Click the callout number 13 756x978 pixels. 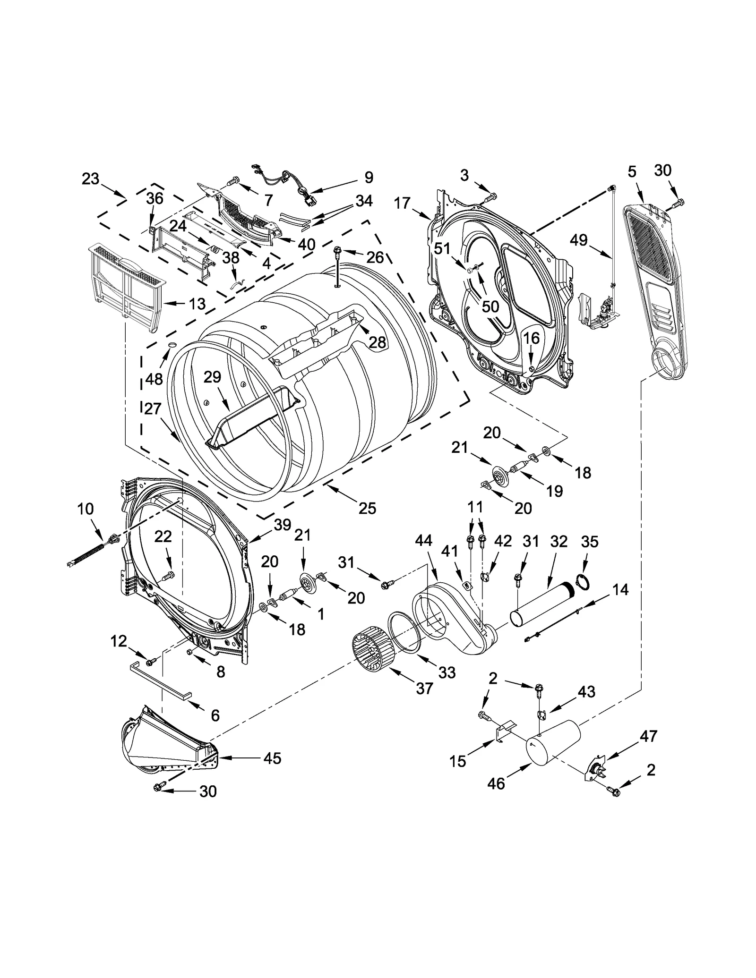(x=197, y=304)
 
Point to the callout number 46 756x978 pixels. (x=496, y=783)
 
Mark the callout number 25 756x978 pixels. (x=367, y=508)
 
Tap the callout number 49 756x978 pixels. (x=578, y=240)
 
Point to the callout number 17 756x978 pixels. (x=402, y=204)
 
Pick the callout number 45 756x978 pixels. (x=273, y=758)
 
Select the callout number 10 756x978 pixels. (x=86, y=509)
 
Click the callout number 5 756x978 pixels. (x=632, y=172)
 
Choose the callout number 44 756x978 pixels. (x=423, y=541)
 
